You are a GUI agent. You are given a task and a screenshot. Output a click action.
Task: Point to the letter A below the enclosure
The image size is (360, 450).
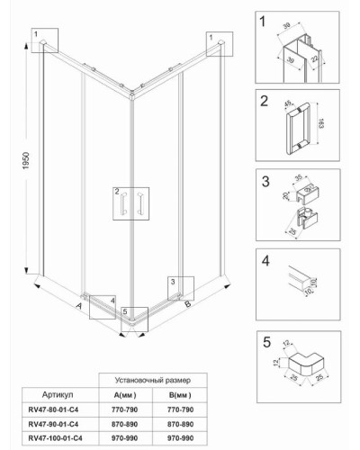point(80,306)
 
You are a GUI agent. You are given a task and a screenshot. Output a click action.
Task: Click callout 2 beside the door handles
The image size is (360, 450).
point(116,192)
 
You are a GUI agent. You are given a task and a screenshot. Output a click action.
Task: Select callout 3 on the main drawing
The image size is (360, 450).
point(173,282)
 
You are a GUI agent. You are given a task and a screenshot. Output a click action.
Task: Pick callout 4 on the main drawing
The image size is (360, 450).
point(112,301)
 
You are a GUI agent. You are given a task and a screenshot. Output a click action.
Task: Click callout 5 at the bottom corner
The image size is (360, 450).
point(125,312)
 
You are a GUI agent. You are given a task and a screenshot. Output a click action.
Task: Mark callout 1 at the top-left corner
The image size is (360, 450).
point(38,33)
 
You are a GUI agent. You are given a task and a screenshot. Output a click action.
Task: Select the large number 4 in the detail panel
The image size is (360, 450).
point(265,264)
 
